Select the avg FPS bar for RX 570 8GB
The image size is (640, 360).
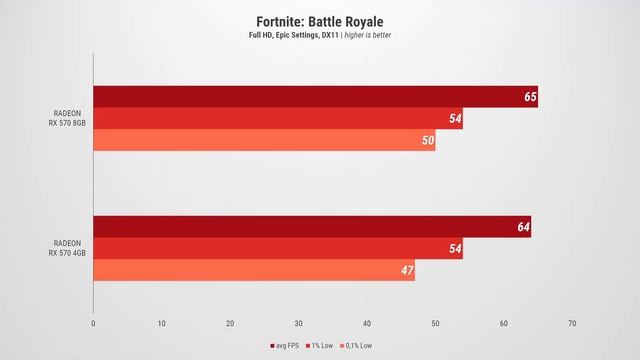coord(315,97)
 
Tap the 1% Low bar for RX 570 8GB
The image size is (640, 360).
coord(278,119)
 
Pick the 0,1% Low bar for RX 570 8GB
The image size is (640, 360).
coord(264,141)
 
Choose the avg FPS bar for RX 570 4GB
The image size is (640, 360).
coord(312,227)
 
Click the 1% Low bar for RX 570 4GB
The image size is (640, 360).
coord(278,249)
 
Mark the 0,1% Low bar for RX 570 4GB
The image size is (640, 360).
coord(254,270)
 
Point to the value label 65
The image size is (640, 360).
coord(530,97)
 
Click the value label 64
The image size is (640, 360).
coord(523,227)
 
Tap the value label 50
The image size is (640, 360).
coord(428,141)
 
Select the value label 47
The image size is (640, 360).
coord(407,270)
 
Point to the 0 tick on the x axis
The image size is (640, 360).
coord(93,323)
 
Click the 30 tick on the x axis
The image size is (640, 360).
coord(298,323)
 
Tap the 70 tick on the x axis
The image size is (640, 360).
coord(571,323)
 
